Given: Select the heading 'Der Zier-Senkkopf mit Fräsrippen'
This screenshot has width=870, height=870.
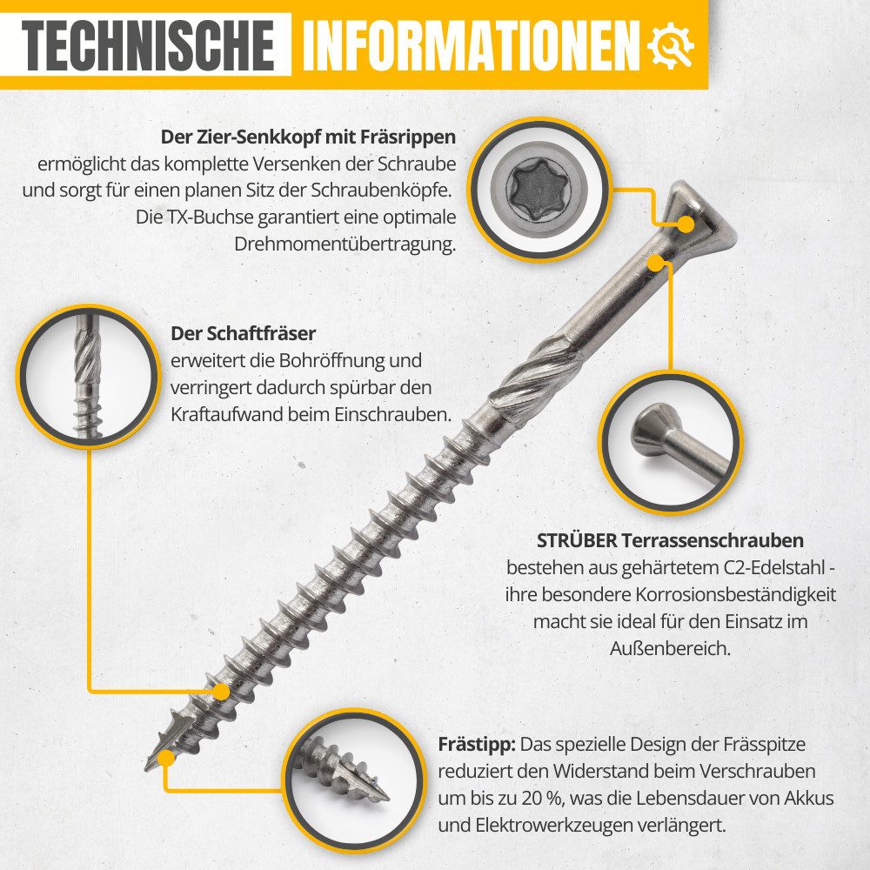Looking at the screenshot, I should pyautogui.click(x=309, y=137).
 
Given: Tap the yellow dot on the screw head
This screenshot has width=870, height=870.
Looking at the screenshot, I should pyautogui.click(x=686, y=224).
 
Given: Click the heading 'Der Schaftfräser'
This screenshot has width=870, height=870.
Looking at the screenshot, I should pyautogui.click(x=243, y=333).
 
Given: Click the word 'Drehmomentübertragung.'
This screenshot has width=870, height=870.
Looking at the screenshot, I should pyautogui.click(x=345, y=244).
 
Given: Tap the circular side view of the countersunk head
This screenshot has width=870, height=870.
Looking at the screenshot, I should pyautogui.click(x=669, y=441).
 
